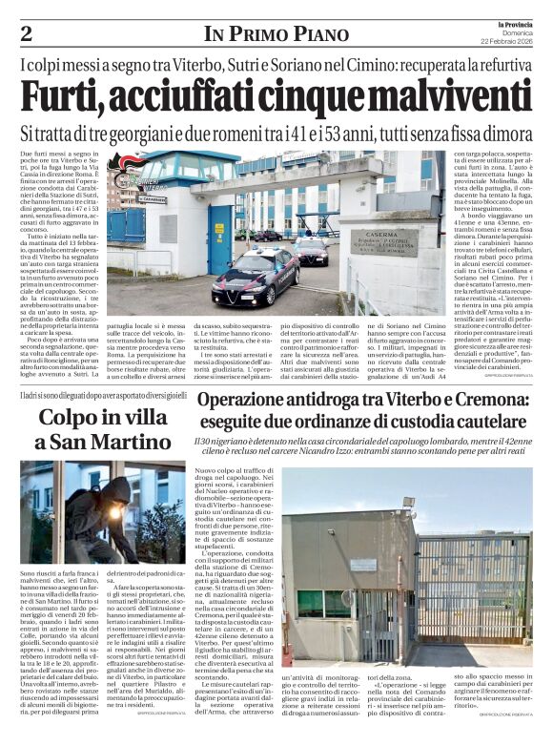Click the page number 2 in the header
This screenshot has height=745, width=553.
pos(27,33)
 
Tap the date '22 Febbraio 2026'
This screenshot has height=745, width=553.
pos(507,42)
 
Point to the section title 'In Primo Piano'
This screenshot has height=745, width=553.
pos(276,34)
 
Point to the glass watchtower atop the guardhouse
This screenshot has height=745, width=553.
pos(177,170)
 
